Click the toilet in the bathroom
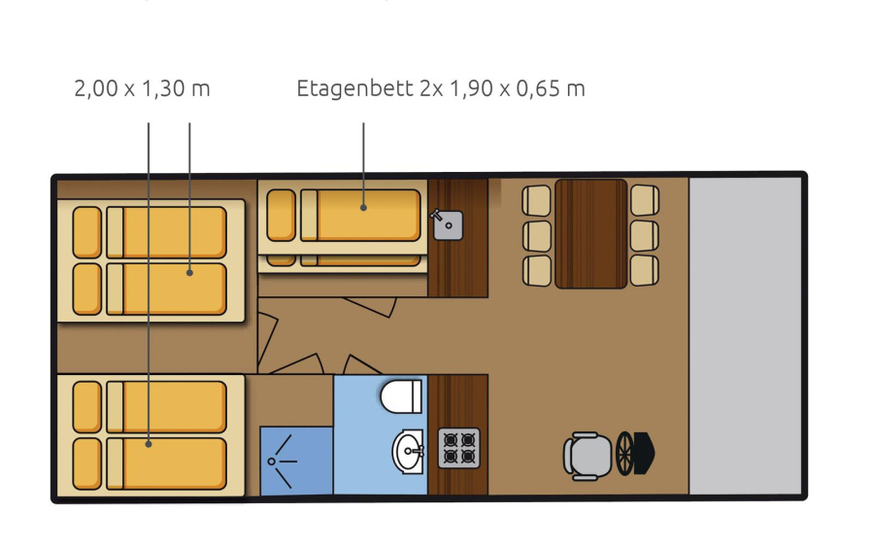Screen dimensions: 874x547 [x=401, y=395]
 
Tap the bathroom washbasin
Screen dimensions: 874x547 [x=408, y=451]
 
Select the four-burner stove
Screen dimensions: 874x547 [x=458, y=448]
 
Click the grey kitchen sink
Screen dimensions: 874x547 [x=448, y=225]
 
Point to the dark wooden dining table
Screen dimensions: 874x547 [x=590, y=233]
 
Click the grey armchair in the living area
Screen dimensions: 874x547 [x=587, y=456]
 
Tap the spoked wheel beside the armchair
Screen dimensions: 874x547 [x=624, y=454]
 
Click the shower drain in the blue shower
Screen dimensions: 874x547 [x=272, y=462]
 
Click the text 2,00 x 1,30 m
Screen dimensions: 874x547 [x=142, y=88]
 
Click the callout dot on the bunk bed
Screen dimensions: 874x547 [x=363, y=207]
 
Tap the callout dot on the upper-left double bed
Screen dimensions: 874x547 [x=189, y=273]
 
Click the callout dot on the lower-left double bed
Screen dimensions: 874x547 [x=149, y=444]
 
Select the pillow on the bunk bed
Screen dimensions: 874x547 [x=281, y=216]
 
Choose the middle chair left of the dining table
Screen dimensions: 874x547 [x=537, y=236]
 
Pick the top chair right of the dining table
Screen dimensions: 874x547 [x=645, y=200]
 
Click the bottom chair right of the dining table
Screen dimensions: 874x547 [x=645, y=270]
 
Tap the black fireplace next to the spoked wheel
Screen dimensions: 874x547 [x=645, y=453]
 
